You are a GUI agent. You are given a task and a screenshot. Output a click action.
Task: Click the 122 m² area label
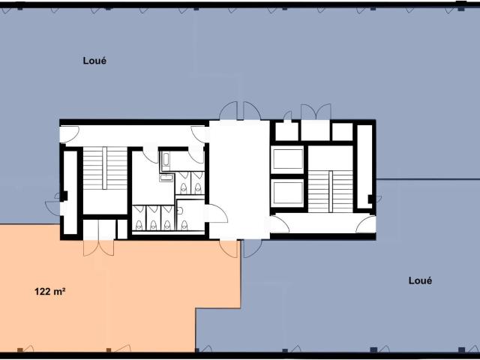[50, 292]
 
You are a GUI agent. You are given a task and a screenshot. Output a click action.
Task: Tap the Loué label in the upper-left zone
[94, 61]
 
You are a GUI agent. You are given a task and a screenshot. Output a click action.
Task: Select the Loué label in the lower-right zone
[420, 280]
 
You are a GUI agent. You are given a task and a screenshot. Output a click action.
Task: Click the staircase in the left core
[105, 168]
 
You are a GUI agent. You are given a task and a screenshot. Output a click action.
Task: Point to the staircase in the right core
[330, 191]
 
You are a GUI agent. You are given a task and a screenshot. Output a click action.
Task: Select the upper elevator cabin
[287, 160]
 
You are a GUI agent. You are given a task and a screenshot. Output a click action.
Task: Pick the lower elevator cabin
[287, 193]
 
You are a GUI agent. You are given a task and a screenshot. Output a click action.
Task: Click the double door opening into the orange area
[98, 247]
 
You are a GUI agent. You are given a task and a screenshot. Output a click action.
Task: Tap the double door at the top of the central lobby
[240, 111]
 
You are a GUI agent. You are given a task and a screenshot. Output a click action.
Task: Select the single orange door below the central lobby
[228, 249]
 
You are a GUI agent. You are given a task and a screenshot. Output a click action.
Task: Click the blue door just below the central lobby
[253, 248]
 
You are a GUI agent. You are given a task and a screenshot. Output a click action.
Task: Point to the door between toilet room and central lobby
[216, 213]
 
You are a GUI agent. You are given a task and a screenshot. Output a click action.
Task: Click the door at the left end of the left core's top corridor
[69, 135]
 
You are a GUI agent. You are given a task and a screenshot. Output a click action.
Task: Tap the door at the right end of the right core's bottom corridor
[366, 224]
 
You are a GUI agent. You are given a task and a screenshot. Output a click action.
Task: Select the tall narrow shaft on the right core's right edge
[364, 166]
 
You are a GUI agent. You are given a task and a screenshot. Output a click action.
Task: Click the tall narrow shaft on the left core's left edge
[70, 192]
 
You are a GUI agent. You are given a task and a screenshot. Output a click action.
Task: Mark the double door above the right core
[316, 112]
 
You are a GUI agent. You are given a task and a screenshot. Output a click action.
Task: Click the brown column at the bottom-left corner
[20, 350]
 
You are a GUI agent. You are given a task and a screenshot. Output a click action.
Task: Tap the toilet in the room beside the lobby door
[184, 225]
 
